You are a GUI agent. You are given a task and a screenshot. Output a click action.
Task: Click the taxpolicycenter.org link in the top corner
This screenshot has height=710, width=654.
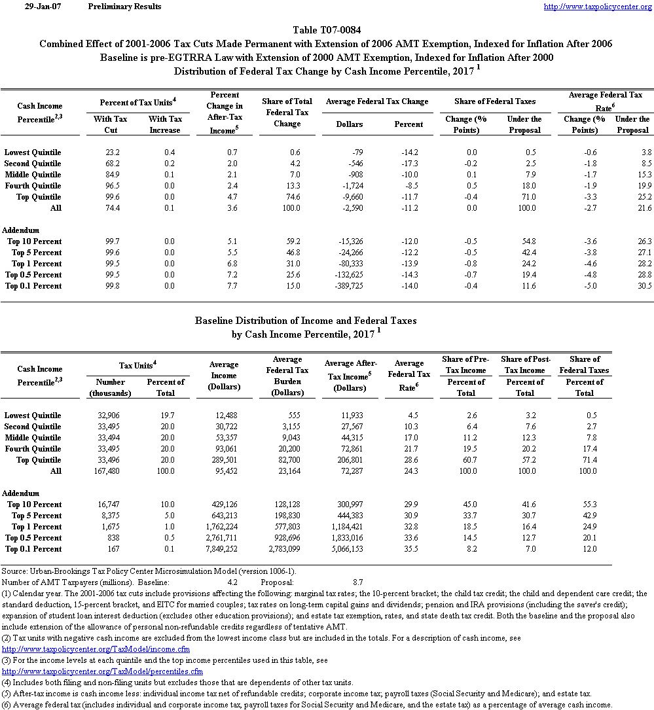click(598, 7)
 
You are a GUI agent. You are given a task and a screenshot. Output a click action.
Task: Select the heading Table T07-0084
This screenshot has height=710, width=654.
click(326, 30)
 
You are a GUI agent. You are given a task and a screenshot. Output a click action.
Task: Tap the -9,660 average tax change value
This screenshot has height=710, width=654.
click(350, 197)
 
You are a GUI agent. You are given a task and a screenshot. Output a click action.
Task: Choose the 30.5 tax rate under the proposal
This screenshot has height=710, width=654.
click(642, 286)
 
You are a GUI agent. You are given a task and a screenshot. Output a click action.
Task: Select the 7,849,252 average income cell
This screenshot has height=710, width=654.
click(223, 549)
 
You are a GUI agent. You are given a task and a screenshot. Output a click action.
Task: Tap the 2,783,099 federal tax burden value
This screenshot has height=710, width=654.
click(285, 549)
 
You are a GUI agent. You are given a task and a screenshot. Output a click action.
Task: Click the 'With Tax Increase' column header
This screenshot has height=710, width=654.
click(165, 124)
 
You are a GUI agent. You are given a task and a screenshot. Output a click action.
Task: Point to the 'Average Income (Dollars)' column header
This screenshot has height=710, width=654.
click(223, 376)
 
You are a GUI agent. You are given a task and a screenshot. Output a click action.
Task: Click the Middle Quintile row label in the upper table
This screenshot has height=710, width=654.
click(33, 175)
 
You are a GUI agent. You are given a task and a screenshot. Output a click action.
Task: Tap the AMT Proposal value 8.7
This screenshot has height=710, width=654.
click(357, 582)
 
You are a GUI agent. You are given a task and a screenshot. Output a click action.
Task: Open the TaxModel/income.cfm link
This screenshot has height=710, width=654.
click(96, 649)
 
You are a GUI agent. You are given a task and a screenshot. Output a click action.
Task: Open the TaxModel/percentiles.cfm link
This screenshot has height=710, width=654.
click(103, 671)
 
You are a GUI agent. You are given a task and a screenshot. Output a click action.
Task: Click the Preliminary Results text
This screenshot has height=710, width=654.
click(124, 7)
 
